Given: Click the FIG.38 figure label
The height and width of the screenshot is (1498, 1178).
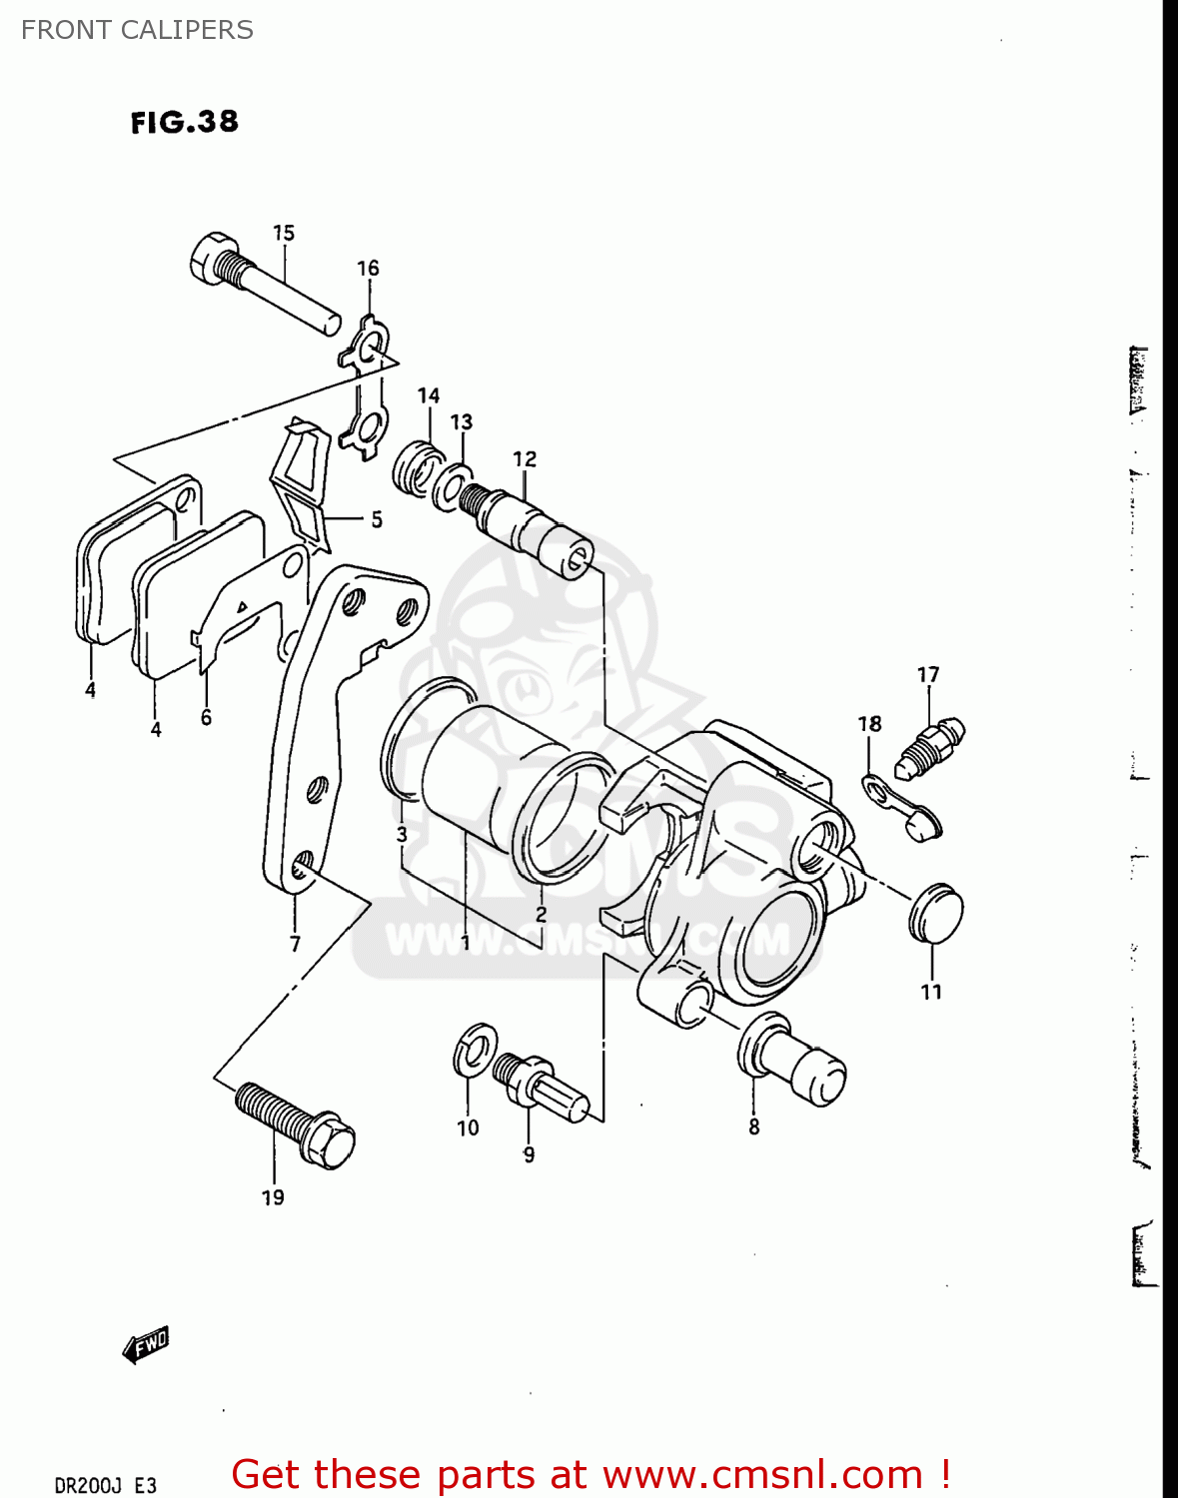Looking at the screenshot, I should (185, 122).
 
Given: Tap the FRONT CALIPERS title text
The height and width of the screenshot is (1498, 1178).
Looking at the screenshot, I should (137, 30).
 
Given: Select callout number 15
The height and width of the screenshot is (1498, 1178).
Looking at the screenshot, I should (284, 233).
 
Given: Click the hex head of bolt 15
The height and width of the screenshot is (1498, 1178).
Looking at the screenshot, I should (212, 258).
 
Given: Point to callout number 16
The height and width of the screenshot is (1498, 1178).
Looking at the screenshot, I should (368, 268).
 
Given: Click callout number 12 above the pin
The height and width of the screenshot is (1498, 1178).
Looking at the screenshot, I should (525, 458).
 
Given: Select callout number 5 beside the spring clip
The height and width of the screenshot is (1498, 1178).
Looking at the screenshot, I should (377, 519).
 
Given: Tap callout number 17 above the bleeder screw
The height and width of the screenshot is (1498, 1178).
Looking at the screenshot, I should (928, 675).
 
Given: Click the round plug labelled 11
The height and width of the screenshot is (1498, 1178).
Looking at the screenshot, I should (936, 913).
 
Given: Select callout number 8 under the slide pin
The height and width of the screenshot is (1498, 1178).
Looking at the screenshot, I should (753, 1126).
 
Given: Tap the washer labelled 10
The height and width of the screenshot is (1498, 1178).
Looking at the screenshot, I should (475, 1050).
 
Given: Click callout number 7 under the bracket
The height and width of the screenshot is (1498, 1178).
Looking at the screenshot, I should (295, 944).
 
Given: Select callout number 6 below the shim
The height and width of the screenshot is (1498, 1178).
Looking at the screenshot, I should (206, 717).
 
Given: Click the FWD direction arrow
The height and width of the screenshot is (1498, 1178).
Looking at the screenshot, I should (146, 1345).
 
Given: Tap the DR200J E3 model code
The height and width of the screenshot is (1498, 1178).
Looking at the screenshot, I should (105, 1485).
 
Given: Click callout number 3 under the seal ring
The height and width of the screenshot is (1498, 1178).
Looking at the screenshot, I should (401, 834).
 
